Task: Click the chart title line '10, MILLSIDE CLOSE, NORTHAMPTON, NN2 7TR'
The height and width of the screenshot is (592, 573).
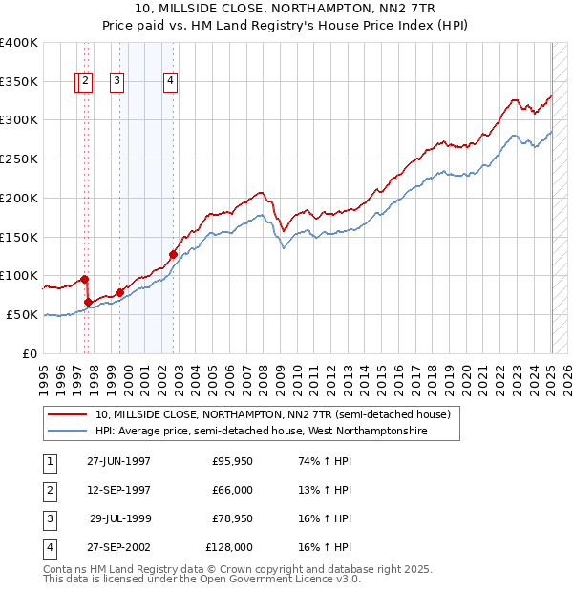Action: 286,7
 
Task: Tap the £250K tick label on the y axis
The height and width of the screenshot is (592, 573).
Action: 19,159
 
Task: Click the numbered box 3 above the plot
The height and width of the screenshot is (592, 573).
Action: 117,82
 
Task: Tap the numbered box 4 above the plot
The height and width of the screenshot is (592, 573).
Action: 170,82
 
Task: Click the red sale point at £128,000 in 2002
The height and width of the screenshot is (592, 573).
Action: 173,254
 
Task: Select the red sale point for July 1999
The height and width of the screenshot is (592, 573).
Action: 119,292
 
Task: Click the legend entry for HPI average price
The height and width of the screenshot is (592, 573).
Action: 261,431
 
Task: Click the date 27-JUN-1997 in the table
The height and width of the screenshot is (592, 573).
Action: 118,461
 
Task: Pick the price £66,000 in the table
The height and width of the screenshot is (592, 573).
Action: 231,490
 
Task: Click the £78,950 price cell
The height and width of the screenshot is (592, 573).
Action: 231,518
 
